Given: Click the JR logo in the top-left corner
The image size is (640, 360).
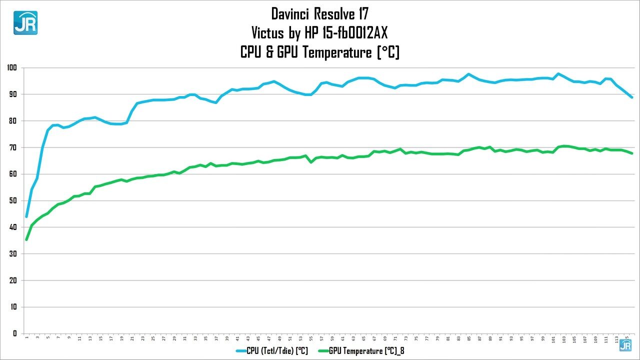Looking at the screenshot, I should click(x=25, y=22).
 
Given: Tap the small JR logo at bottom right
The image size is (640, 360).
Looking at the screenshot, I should click(x=625, y=345).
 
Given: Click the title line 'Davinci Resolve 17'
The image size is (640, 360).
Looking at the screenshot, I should click(x=319, y=13).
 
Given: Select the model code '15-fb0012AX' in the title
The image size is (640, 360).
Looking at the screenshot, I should click(x=352, y=32).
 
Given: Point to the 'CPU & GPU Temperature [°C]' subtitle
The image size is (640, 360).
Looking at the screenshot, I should click(x=319, y=52).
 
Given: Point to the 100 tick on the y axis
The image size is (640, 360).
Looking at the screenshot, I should click(x=12, y=67).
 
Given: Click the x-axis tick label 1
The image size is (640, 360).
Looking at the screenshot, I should click(x=26, y=339).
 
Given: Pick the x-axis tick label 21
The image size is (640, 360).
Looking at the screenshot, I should click(x=132, y=339).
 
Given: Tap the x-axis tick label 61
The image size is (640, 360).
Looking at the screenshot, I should click(x=342, y=339).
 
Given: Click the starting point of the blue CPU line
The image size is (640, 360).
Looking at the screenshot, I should click(x=26, y=216).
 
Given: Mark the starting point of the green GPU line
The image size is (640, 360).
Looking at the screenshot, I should click(x=26, y=239).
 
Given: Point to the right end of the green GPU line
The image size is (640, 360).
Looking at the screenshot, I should click(x=632, y=153).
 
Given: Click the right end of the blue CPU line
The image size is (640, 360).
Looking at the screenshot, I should click(x=632, y=97).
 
